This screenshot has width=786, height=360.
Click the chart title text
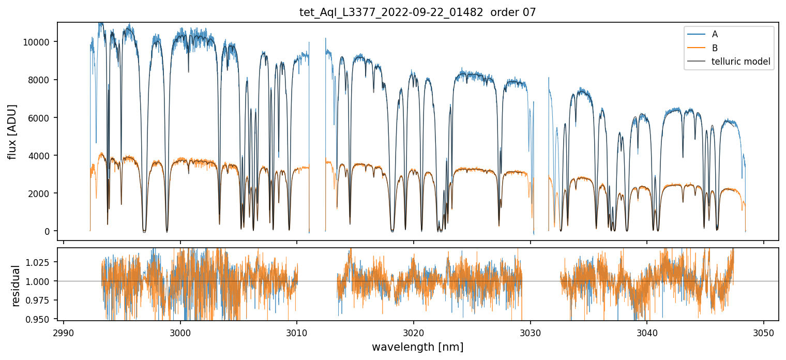click(x=418, y=12)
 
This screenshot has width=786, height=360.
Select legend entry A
click(x=715, y=34)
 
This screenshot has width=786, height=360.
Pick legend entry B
click(x=715, y=48)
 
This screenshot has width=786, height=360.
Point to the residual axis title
click(x=16, y=286)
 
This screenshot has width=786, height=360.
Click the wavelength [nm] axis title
click(x=418, y=347)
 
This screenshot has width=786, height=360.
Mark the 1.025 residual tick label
click(x=39, y=262)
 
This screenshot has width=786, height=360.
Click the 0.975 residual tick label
click(x=39, y=300)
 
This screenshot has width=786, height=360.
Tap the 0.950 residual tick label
click(x=39, y=319)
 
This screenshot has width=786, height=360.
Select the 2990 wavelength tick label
click(x=64, y=332)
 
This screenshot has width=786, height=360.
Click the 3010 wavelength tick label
click(x=297, y=332)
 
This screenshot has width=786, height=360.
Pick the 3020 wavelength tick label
click(x=414, y=332)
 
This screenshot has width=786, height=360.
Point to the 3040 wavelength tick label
click(x=647, y=332)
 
